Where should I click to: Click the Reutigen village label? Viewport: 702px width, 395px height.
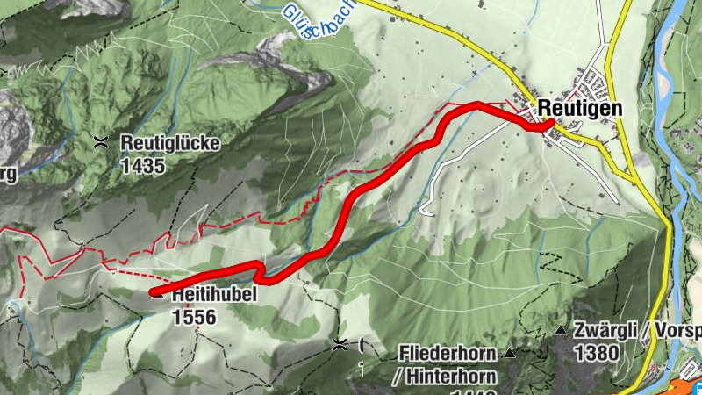[580, 107]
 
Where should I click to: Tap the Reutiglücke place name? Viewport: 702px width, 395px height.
[170, 141]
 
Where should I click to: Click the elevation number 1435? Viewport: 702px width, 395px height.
[142, 164]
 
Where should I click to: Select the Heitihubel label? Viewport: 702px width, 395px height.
[214, 296]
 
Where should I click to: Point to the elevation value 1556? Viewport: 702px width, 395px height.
[194, 317]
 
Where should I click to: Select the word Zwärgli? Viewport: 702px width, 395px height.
[604, 331]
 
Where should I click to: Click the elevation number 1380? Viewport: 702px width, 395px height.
[597, 353]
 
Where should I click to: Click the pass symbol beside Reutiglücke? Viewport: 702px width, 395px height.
[103, 141]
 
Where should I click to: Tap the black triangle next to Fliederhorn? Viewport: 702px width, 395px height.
[509, 354]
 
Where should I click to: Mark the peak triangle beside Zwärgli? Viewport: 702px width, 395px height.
[560, 331]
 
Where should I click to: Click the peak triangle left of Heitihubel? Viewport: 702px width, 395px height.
[158, 296]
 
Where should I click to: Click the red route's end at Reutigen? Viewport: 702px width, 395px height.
[550, 124]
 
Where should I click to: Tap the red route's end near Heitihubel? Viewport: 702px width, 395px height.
[152, 291]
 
